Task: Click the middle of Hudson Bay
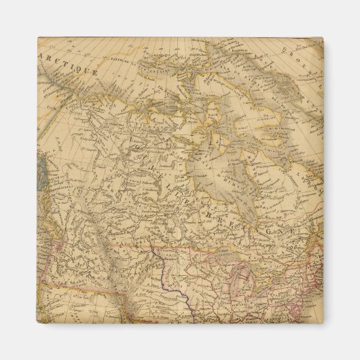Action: [217, 156]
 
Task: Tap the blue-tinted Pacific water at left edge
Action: [39, 170]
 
